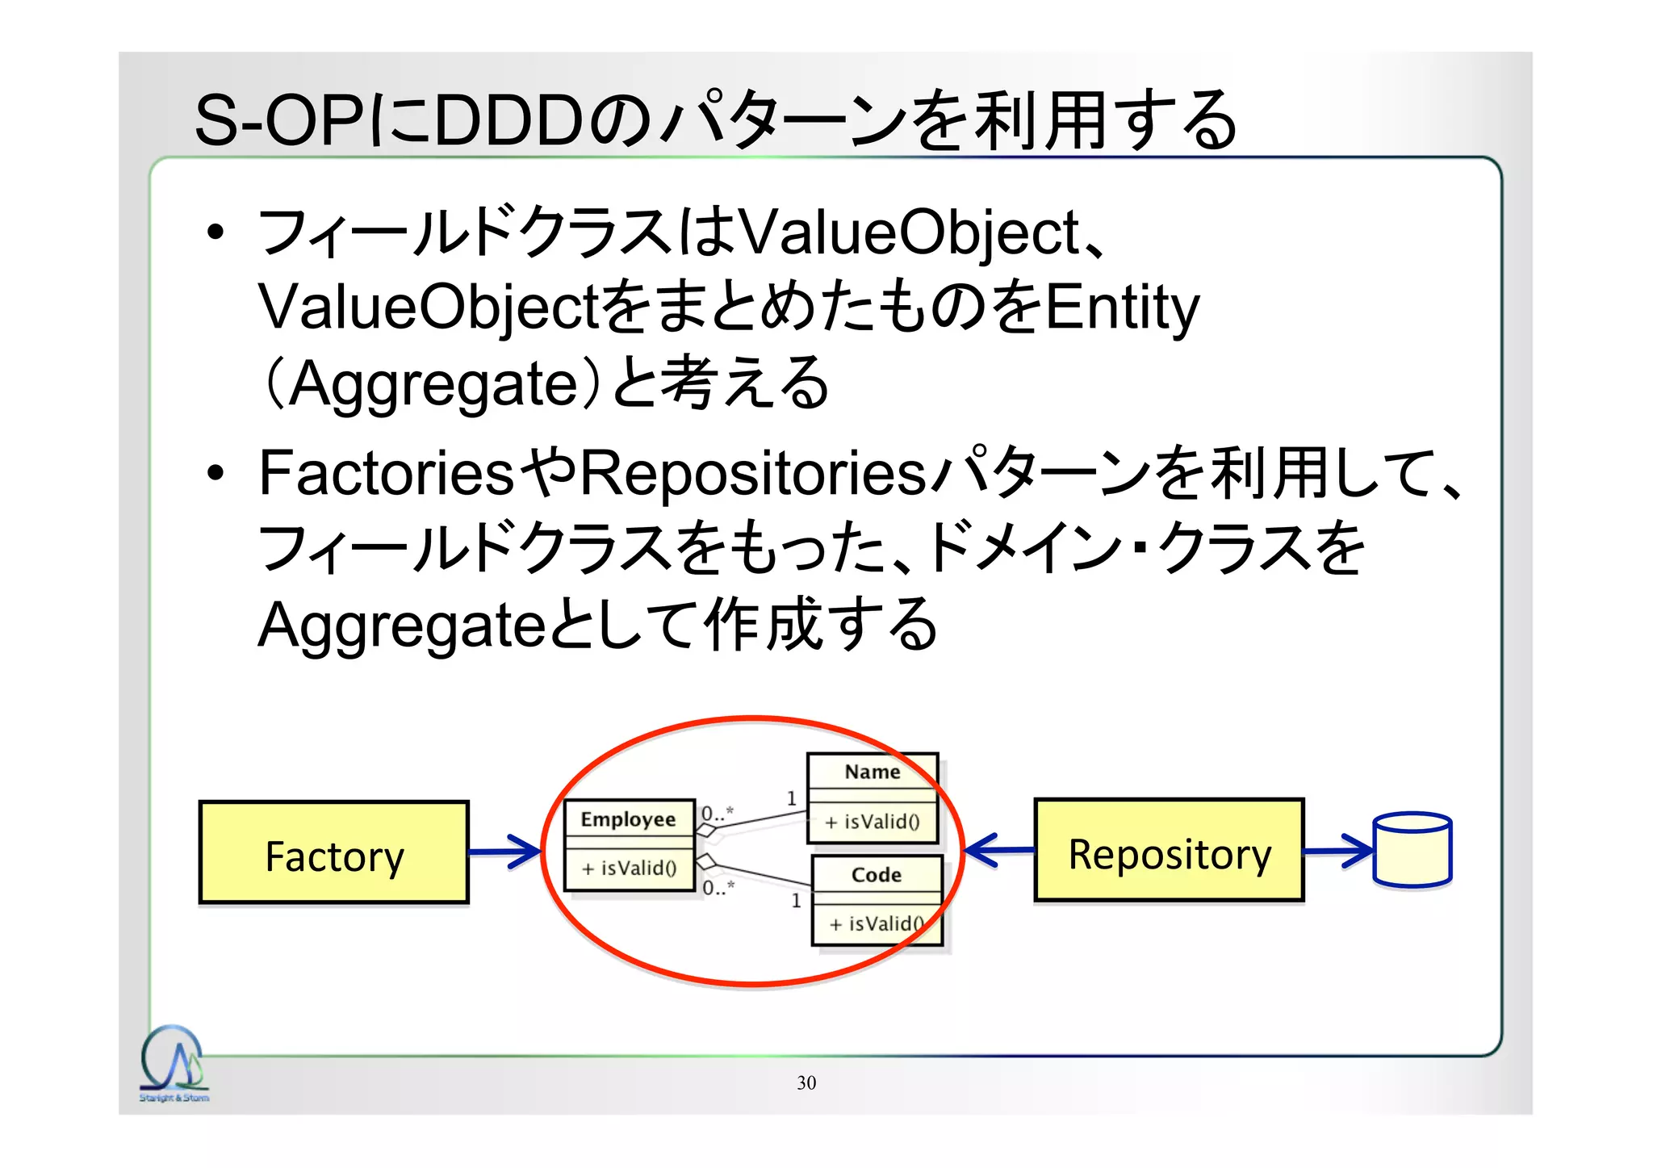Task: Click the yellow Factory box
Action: pos(333,852)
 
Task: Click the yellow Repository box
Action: pos(1169,851)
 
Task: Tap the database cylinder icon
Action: pos(1412,850)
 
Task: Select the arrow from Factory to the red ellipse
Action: pos(505,852)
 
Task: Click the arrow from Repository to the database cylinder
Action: pos(1338,851)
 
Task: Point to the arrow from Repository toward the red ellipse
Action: pos(998,850)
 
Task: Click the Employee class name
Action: pos(628,819)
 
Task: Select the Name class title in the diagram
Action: pos(872,772)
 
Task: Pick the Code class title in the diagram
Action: pos(876,875)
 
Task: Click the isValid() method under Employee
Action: pos(629,869)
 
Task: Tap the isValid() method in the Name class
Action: pos(873,822)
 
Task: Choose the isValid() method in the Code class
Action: pos(877,923)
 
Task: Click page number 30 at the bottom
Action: pos(806,1083)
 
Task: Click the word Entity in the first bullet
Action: pos(1123,308)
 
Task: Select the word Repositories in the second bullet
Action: pos(753,473)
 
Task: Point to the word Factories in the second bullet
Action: pos(386,473)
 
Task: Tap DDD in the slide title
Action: pos(508,121)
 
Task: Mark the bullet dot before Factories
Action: pos(215,473)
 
